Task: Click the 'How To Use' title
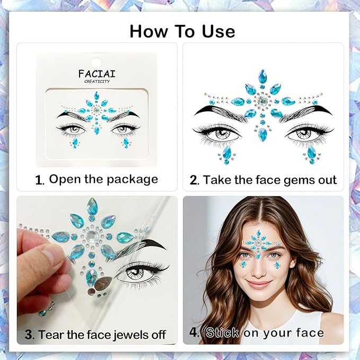point(182,31)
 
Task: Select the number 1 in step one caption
point(39,180)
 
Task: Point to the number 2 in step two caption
point(194,180)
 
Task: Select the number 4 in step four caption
point(195,333)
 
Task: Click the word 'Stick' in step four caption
point(222,333)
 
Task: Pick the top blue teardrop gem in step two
point(262,77)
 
